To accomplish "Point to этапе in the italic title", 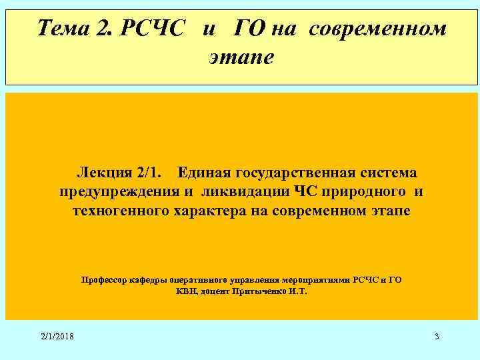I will click(x=241, y=57).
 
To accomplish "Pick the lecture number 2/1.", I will click(x=147, y=173).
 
